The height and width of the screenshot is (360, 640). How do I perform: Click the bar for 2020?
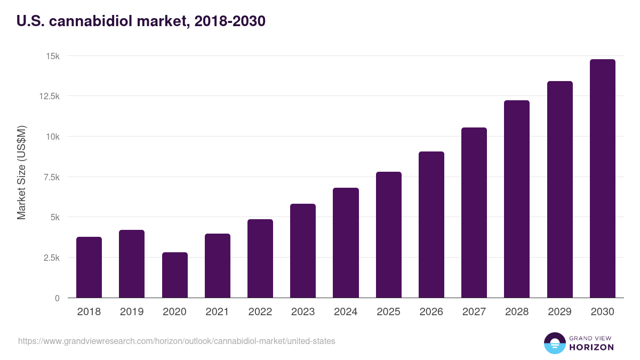tap(174, 275)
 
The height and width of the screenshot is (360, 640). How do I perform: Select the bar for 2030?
tap(602, 179)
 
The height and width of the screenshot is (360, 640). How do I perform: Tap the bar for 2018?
tap(89, 267)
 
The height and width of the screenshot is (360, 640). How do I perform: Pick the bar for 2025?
tap(388, 235)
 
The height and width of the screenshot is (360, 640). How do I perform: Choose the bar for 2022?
tap(260, 258)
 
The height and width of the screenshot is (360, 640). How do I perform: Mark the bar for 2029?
tap(559, 189)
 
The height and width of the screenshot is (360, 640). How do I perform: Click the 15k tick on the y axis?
tap(52, 56)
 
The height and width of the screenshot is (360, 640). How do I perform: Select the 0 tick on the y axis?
tap(57, 298)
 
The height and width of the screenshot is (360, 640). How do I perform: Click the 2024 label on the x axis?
tap(346, 312)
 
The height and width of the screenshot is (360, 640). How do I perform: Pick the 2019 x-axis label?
tap(132, 312)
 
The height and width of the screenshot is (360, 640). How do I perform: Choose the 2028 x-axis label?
tap(516, 312)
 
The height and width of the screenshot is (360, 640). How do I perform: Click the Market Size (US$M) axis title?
tap(21, 172)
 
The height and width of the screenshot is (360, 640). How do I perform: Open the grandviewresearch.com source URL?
tap(177, 341)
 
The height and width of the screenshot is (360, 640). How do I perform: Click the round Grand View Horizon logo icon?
tap(554, 343)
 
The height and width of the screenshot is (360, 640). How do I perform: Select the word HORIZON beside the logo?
tap(591, 347)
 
